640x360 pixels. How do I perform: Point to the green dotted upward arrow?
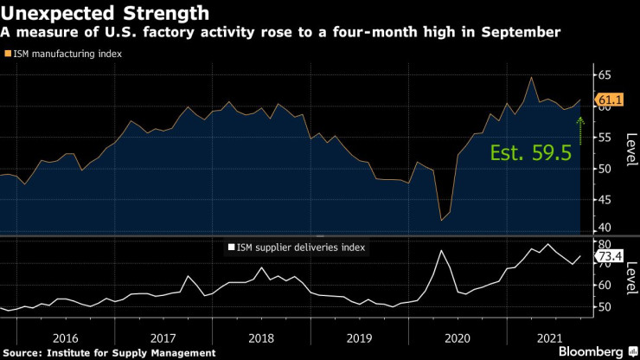[580, 132]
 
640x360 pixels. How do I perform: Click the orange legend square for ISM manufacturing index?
[7, 54]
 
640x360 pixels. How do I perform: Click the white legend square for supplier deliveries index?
[231, 247]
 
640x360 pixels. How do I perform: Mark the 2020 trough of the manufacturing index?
[442, 220]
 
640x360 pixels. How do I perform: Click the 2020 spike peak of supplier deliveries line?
[441, 251]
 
